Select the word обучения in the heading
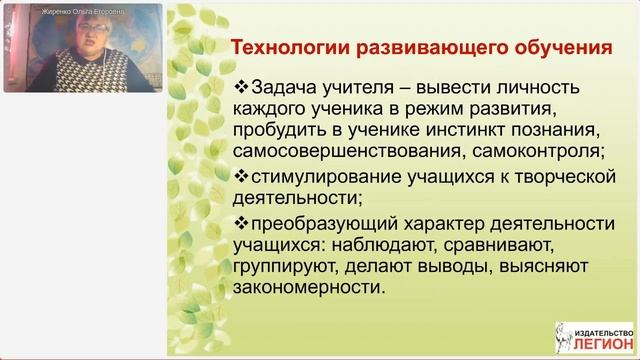tap(563, 47)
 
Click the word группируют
tap(282, 267)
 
